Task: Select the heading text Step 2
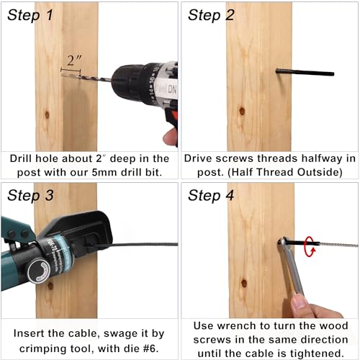tap(211, 15)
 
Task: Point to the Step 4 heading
tap(211, 194)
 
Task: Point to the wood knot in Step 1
tap(46, 113)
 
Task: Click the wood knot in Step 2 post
tap(242, 112)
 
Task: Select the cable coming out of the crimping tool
tap(144, 246)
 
